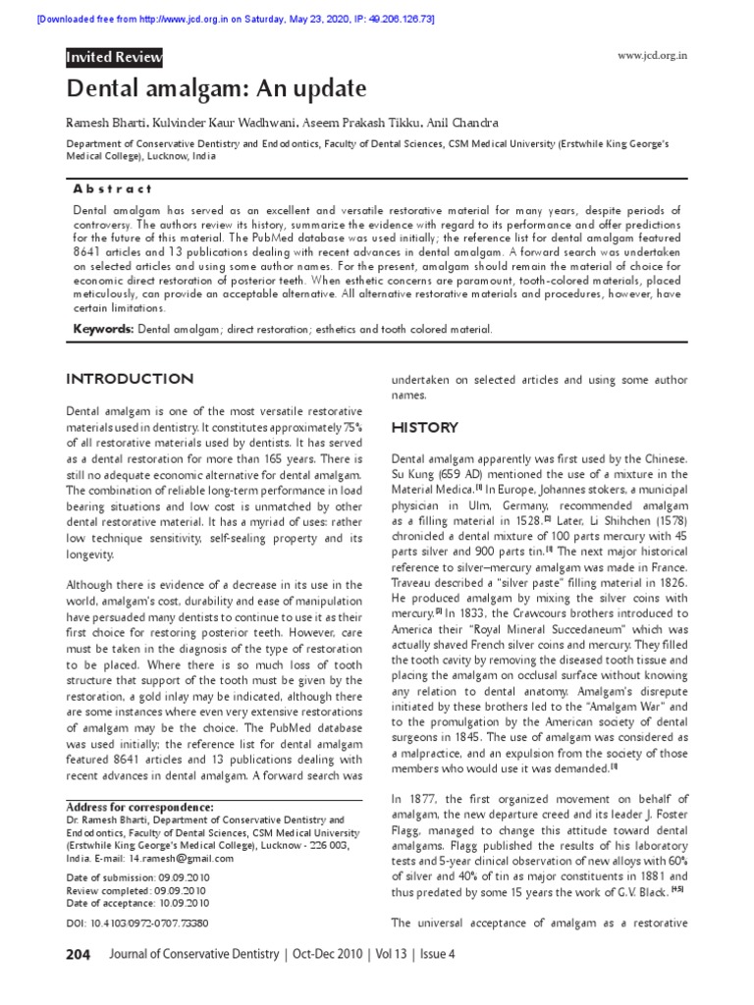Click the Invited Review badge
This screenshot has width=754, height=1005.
114,58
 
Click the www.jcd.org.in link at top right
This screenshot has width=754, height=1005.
652,55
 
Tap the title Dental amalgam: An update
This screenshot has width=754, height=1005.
216,90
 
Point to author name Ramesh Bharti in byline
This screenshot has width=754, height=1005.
108,123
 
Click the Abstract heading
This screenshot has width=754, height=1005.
113,188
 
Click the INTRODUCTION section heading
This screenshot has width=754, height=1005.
129,379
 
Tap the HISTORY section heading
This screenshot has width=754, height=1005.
424,428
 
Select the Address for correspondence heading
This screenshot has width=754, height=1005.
140,807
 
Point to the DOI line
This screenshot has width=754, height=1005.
136,924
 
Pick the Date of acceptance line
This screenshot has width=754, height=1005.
136,903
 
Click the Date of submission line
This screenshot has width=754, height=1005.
137,877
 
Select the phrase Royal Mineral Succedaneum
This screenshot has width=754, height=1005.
560,629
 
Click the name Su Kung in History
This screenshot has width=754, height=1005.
412,476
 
